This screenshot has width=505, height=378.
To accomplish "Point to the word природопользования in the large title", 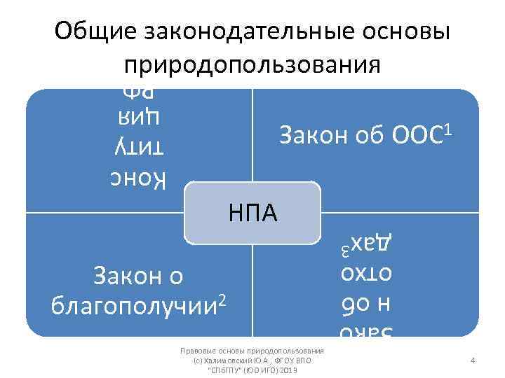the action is point(252,64).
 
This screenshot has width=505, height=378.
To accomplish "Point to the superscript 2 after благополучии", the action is point(222,300).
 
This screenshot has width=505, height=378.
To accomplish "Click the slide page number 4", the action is point(473,360).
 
